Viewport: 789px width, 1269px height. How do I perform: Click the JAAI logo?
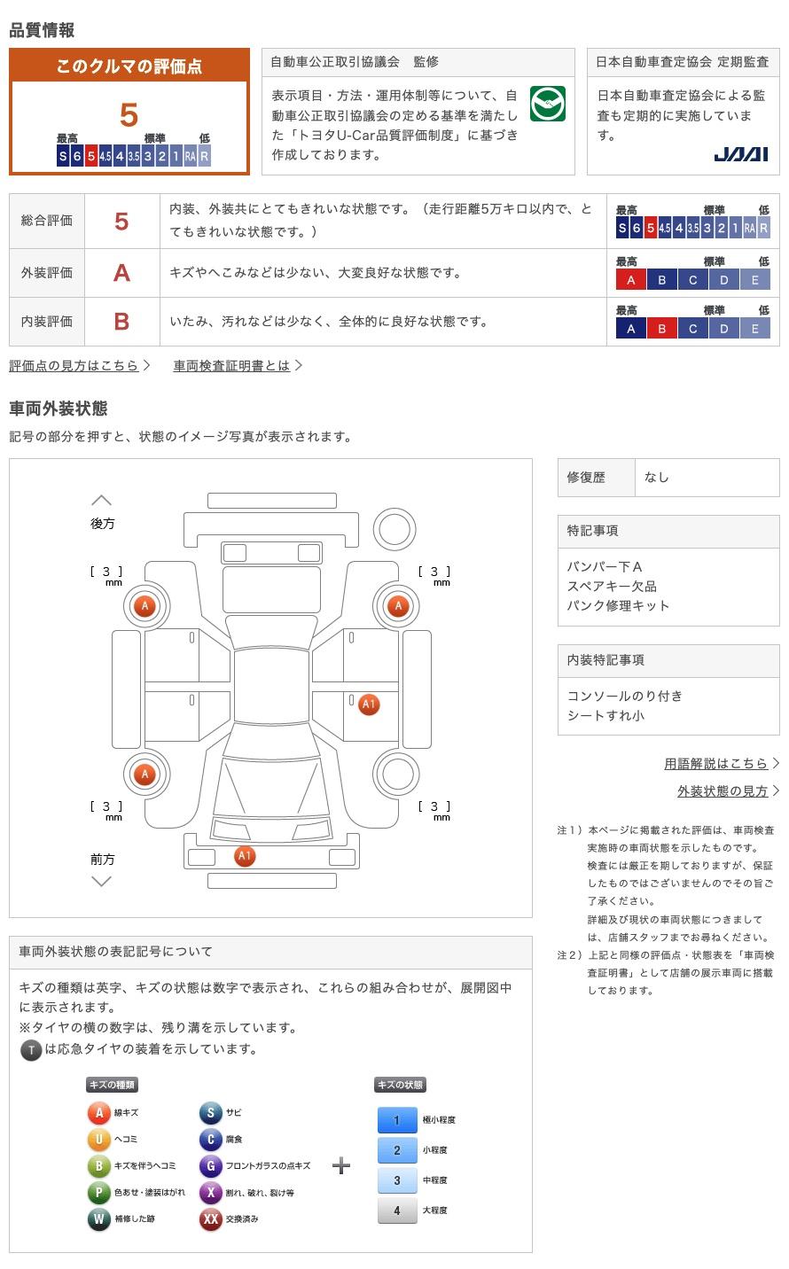[x=740, y=154]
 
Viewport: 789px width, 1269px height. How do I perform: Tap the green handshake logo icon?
[x=547, y=105]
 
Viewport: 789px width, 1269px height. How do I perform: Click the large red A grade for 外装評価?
[x=121, y=273]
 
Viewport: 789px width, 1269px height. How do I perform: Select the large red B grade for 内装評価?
[x=121, y=322]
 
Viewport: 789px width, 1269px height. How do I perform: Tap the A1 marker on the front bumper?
[x=245, y=855]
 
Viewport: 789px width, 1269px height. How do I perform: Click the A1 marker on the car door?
[x=369, y=705]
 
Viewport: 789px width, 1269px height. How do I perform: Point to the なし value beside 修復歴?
[x=657, y=477]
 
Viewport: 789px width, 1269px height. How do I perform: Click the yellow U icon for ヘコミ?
[x=98, y=1140]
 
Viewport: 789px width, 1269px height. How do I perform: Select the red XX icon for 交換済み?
[x=210, y=1219]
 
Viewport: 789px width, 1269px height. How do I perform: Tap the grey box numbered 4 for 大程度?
[x=396, y=1211]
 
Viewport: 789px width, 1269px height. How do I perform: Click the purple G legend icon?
[x=210, y=1166]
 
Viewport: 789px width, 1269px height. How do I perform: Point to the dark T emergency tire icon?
[x=31, y=1050]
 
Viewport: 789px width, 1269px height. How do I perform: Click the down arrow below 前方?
[x=102, y=881]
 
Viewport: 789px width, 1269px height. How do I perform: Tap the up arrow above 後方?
[x=102, y=501]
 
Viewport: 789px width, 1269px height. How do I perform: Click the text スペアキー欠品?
[x=612, y=586]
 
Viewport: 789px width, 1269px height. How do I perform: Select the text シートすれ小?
[x=605, y=715]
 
